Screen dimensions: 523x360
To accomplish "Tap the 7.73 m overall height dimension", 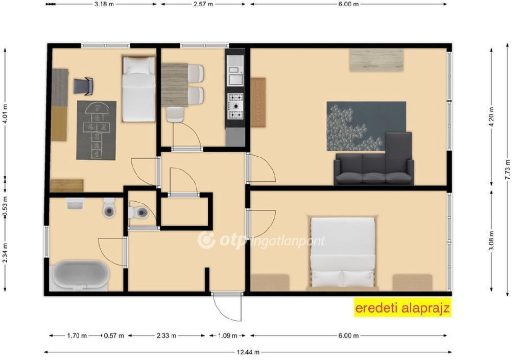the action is pyautogui.click(x=507, y=170).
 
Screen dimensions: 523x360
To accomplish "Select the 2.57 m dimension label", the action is pyautogui.click(x=203, y=4).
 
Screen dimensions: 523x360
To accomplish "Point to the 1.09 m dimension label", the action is pyautogui.click(x=227, y=335).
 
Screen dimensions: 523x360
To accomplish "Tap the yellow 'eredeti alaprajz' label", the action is pyautogui.click(x=402, y=307).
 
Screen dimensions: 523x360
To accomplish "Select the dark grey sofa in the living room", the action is pyautogui.click(x=374, y=159).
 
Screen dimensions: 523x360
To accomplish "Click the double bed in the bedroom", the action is pyautogui.click(x=343, y=252).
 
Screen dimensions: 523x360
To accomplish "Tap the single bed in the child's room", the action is pyautogui.click(x=138, y=88).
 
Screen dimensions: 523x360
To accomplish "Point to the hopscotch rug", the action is pyautogui.click(x=97, y=130).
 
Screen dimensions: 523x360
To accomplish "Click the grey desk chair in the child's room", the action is pyautogui.click(x=84, y=86).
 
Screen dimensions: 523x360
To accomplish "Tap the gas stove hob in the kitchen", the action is pyautogui.click(x=235, y=106).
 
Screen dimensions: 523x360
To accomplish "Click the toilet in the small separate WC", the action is pyautogui.click(x=139, y=212).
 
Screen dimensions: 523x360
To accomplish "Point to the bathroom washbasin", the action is pyautogui.click(x=76, y=203).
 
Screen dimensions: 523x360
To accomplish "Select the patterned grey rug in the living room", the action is pyautogui.click(x=366, y=126).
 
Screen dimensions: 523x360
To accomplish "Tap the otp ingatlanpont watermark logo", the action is pyautogui.click(x=261, y=241).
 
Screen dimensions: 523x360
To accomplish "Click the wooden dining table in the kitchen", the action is pyautogui.click(x=175, y=85).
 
